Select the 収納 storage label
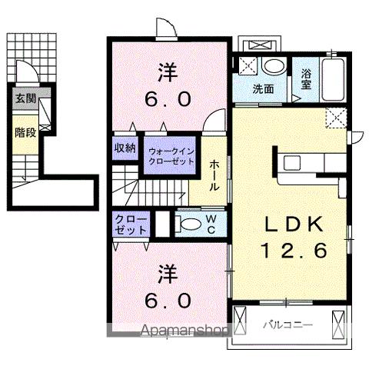point(125,148)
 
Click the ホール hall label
point(214,176)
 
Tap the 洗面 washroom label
point(264,88)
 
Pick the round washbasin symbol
point(271,66)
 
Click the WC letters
point(212,224)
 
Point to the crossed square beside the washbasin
point(248,65)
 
